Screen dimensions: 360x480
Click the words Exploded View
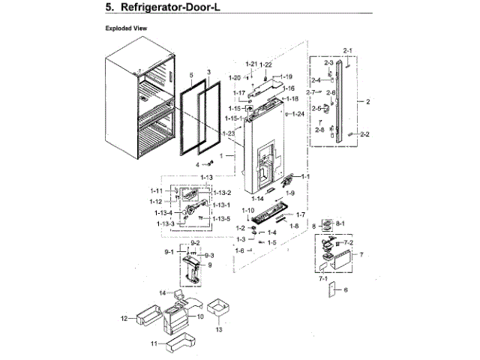coord(126,28)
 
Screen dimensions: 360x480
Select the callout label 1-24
coord(298,114)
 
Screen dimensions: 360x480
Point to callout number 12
coord(124,319)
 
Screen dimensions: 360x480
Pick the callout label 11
coord(154,343)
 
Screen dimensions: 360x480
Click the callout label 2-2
coord(364,134)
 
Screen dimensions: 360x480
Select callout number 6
coord(346,289)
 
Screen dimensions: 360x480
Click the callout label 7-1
coord(325,277)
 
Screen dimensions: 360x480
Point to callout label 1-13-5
coord(221,218)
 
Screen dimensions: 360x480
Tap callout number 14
coord(161,292)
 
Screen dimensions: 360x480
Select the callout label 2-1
coord(347,49)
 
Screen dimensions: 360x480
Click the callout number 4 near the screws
coord(199,163)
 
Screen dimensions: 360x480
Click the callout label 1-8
coord(295,225)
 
